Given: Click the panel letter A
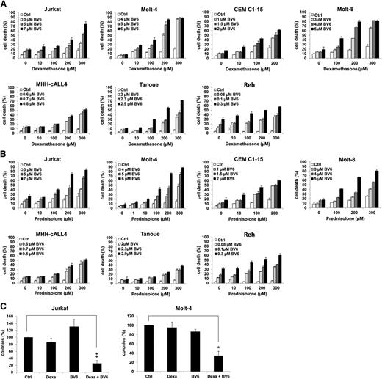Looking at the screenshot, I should pos(4,4).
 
